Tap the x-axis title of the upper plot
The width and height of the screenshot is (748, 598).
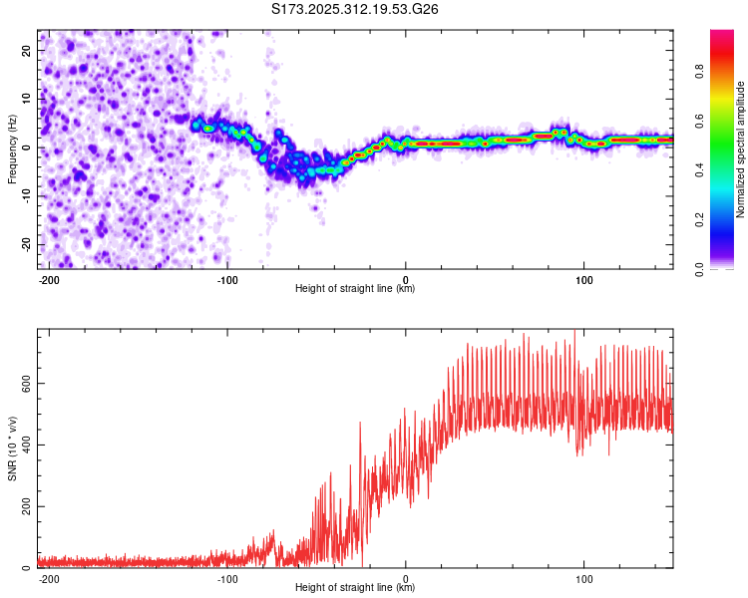(x=355, y=289)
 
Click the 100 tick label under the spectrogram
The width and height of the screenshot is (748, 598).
(x=583, y=278)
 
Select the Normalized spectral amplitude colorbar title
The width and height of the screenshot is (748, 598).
(x=741, y=149)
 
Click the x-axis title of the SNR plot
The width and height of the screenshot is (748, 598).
(x=355, y=588)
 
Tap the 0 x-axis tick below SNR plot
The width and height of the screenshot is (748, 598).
(x=406, y=577)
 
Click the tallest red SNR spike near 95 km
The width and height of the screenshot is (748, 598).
(x=574, y=332)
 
